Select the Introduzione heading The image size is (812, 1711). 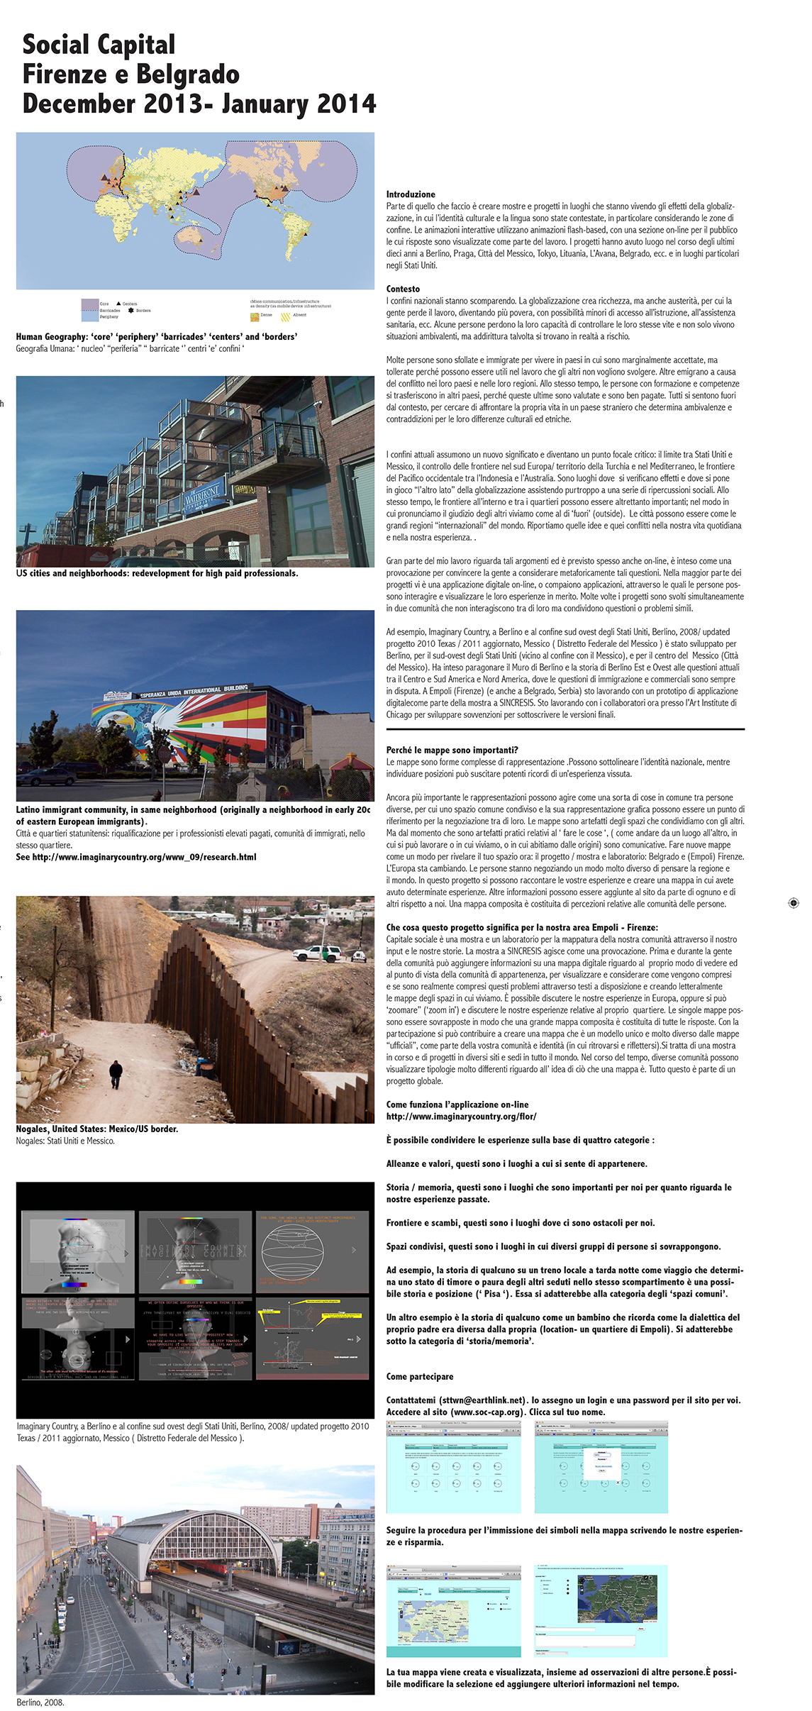tap(411, 194)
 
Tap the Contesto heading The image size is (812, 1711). tap(403, 289)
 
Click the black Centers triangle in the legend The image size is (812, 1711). tap(118, 304)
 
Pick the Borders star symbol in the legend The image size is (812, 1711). tap(130, 311)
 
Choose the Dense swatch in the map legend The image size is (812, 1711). tap(255, 316)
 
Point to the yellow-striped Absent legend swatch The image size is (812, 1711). tap(286, 316)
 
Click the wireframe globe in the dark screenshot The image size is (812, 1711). tap(291, 1251)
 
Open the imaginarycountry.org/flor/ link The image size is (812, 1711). tap(461, 1117)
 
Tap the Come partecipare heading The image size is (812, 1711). tap(420, 1376)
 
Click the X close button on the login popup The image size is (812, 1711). tap(618, 1482)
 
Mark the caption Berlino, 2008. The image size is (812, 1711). tap(40, 1702)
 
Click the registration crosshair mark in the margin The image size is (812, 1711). tap(794, 903)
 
